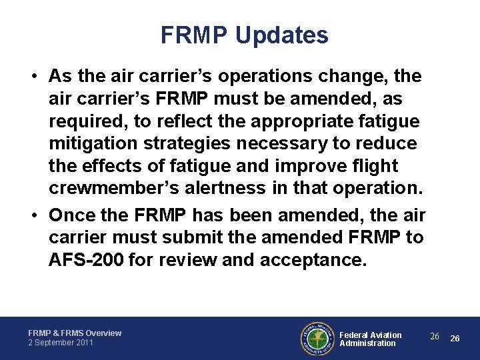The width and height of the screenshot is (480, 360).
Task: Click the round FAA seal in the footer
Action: pyautogui.click(x=316, y=339)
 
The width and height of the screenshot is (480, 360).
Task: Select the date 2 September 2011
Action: pyautogui.click(x=61, y=343)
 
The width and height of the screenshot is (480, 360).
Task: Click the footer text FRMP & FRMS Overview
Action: pyautogui.click(x=75, y=333)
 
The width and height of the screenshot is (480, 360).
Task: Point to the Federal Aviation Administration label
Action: pyautogui.click(x=370, y=339)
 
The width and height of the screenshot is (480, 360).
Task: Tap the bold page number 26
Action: pyautogui.click(x=455, y=338)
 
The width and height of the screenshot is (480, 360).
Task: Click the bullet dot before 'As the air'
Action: pyautogui.click(x=33, y=76)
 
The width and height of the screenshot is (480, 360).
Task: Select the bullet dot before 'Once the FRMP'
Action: pyautogui.click(x=33, y=215)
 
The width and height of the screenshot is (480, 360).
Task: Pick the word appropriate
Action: pyautogui.click(x=301, y=121)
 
